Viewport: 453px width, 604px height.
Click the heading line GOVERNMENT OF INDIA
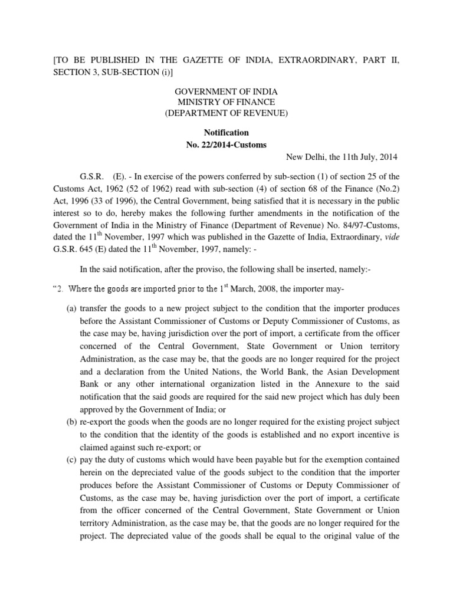pyautogui.click(x=226, y=92)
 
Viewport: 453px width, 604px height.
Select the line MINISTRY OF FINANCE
pyautogui.click(x=226, y=102)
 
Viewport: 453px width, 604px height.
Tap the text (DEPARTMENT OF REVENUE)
pyautogui.click(x=226, y=113)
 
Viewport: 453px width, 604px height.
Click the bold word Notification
pyautogui.click(x=226, y=133)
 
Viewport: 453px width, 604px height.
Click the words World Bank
pyautogui.click(x=284, y=372)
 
